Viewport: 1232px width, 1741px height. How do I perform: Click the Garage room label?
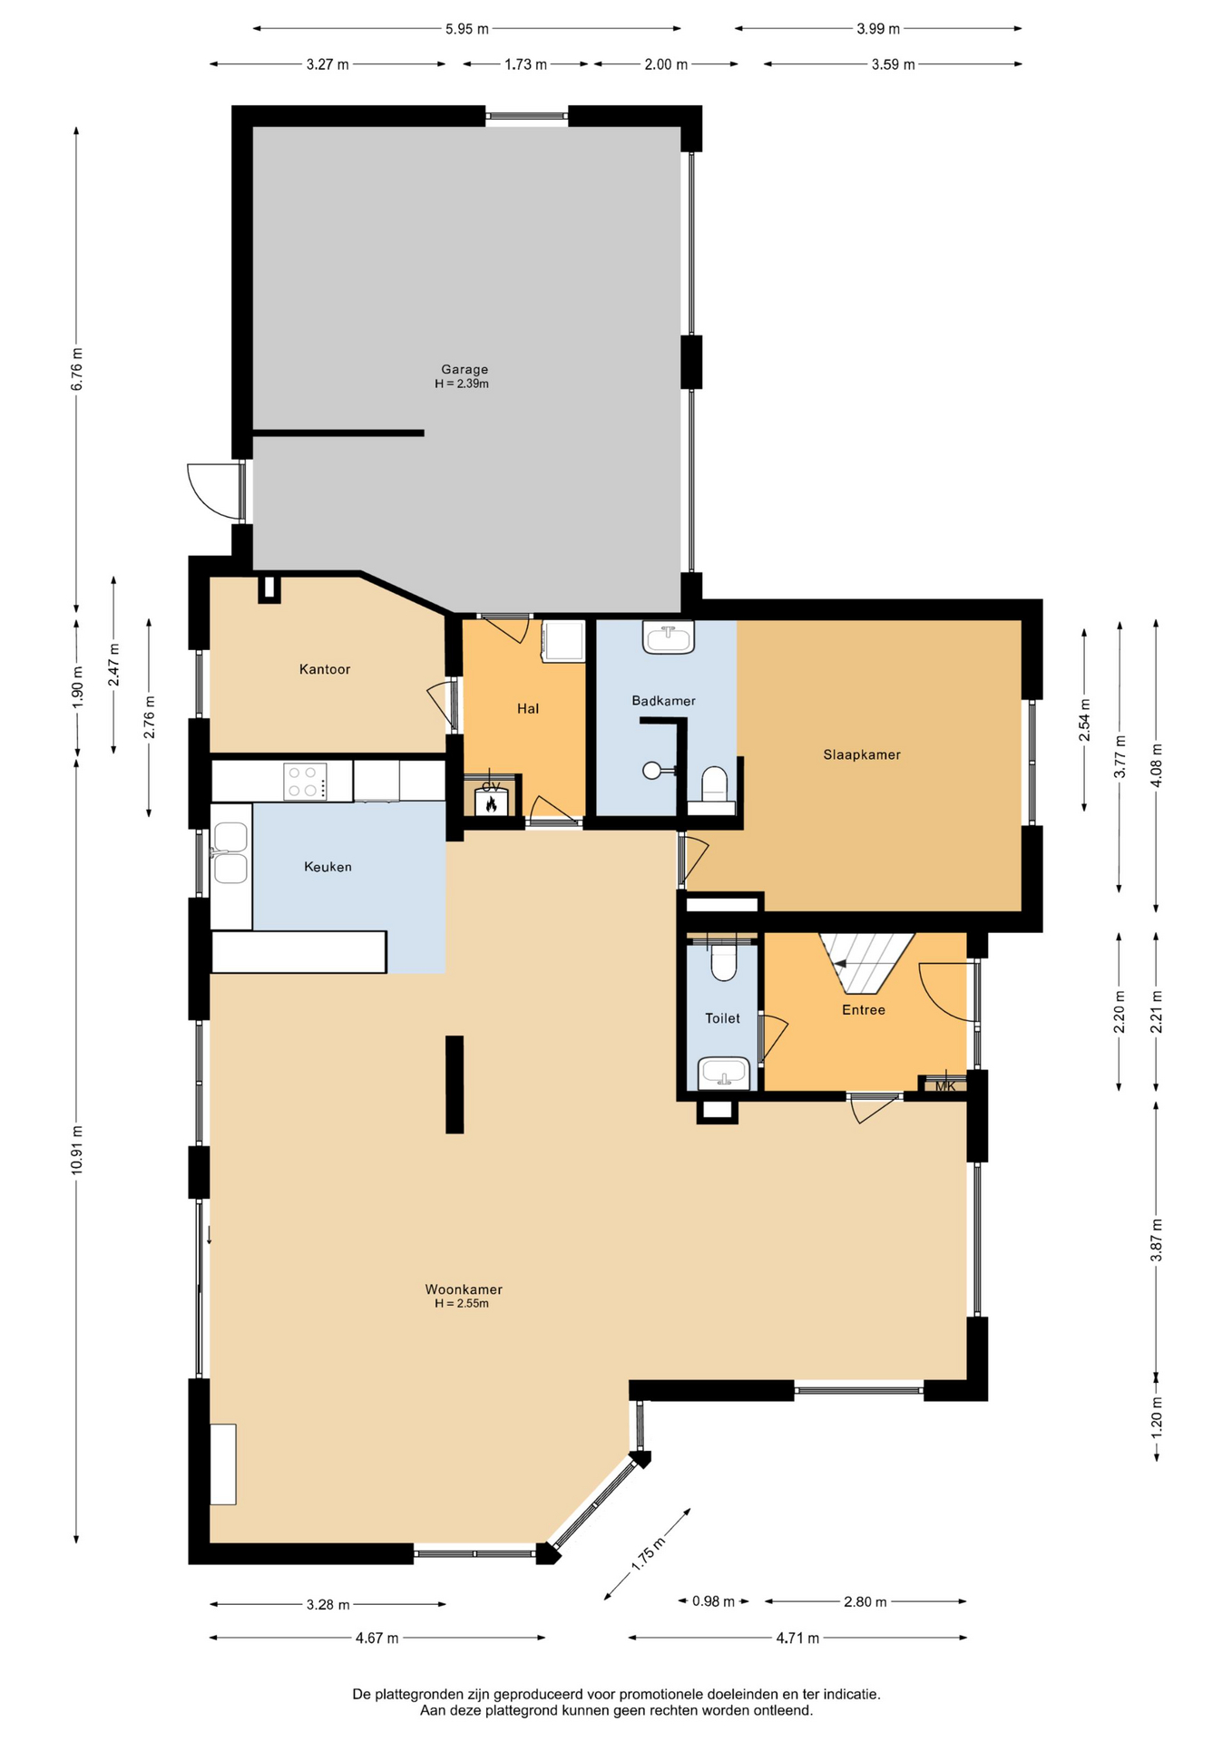point(464,369)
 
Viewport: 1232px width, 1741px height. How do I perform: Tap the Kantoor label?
point(325,669)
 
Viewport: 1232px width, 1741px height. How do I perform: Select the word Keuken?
point(328,867)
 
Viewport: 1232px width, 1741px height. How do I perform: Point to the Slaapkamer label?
point(862,754)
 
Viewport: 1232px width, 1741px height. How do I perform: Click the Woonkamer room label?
point(464,1289)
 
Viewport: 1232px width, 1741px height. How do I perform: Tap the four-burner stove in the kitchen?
point(305,782)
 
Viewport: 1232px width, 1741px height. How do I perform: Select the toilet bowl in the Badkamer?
point(715,784)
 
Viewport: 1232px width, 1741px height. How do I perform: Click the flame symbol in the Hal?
point(491,802)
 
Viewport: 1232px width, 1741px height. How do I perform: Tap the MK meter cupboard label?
point(945,1086)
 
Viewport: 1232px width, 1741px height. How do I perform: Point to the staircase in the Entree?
point(866,962)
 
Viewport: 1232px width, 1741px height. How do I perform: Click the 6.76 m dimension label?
point(77,369)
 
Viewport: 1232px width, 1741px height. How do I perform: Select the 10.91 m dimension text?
point(77,1150)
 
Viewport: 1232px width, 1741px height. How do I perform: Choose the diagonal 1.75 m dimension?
point(648,1554)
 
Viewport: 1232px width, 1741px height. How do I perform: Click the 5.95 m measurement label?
point(467,29)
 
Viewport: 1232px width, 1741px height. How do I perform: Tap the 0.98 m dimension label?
point(714,1601)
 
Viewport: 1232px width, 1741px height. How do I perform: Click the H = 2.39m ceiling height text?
point(462,384)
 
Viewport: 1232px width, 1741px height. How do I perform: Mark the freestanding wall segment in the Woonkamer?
point(455,1084)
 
